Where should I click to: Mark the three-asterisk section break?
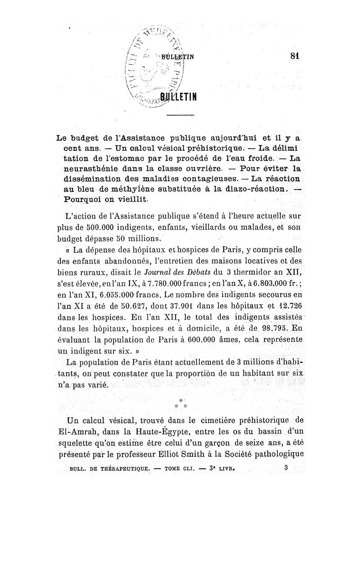point(180,401)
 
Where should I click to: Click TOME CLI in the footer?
point(179,468)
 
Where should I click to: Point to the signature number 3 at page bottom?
point(286,467)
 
